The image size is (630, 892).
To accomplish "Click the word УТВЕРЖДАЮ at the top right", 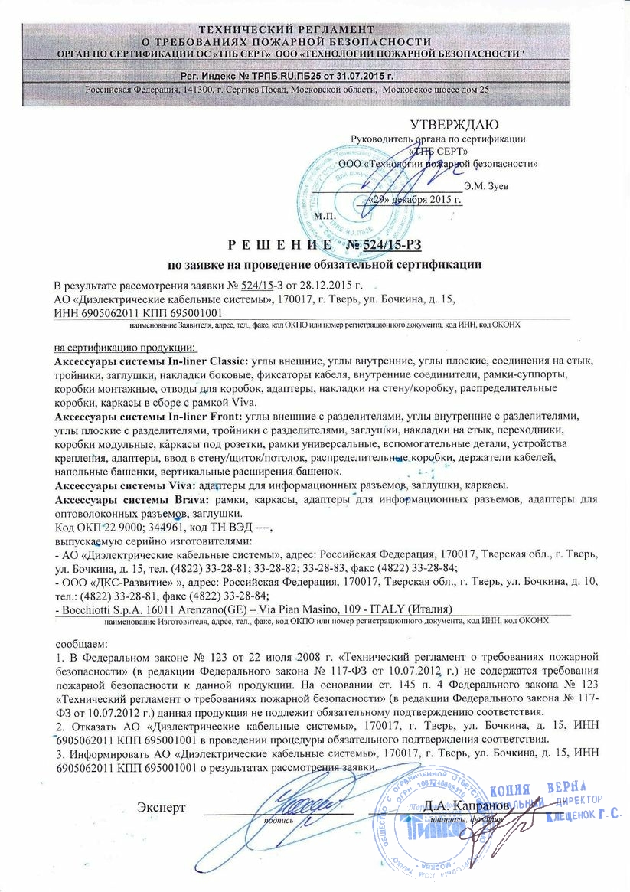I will click(x=454, y=125).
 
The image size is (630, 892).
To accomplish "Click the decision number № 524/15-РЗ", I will click(x=386, y=244).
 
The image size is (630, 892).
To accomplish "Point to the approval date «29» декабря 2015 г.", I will click(x=416, y=201).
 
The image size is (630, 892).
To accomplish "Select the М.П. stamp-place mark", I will click(x=325, y=217).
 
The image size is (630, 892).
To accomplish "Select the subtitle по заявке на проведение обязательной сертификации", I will click(x=325, y=265).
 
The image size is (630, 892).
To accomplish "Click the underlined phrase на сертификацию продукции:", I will click(x=121, y=347).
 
